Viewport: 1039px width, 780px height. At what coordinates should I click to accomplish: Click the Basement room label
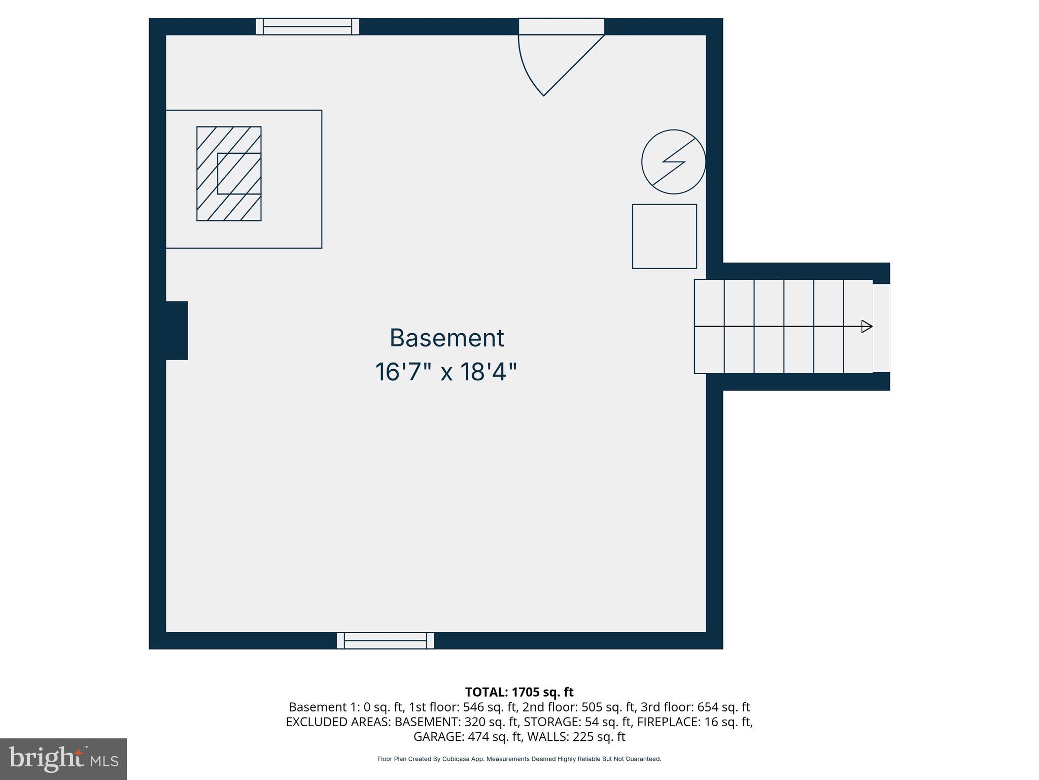446,338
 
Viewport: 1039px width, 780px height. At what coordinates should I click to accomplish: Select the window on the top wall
307,26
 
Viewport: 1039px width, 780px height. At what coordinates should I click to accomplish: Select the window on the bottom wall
386,640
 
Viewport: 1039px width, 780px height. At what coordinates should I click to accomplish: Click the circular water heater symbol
673,161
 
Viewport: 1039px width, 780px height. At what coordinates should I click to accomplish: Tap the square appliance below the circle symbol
664,236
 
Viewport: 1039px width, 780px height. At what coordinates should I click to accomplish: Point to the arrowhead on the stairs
867,327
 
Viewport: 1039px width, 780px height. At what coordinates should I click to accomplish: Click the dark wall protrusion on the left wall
177,331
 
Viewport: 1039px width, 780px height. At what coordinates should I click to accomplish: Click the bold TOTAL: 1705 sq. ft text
519,692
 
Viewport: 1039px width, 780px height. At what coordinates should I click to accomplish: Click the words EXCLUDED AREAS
338,722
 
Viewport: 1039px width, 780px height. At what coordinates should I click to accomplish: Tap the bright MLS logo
63,759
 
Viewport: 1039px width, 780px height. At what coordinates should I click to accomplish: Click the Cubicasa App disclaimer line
519,759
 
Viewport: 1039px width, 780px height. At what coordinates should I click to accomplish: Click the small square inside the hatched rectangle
239,174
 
